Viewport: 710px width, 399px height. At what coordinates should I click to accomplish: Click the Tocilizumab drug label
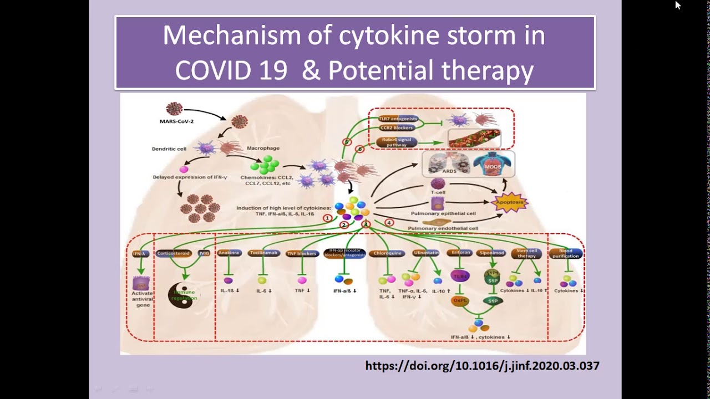coord(263,253)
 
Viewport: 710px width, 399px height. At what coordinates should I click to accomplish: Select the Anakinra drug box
coord(229,253)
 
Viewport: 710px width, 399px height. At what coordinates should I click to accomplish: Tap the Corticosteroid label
coord(174,253)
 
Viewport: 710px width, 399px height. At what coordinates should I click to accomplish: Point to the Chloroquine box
coord(387,253)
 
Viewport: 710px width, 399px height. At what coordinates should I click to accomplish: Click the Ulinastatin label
coord(426,253)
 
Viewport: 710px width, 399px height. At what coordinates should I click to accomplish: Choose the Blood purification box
coord(566,253)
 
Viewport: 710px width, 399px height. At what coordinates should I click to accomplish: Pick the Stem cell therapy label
coord(526,253)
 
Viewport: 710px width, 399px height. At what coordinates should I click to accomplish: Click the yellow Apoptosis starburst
coord(509,202)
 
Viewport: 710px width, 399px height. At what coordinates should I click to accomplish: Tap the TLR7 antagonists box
coord(398,119)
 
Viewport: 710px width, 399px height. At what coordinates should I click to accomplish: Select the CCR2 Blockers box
coord(397,127)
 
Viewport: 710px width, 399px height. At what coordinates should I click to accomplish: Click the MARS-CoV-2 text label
coord(176,121)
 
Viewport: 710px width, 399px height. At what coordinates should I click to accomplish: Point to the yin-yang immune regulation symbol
coord(184,295)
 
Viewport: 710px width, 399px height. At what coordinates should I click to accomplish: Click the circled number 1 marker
coord(328,218)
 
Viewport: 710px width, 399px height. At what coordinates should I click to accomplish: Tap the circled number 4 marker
coord(389,223)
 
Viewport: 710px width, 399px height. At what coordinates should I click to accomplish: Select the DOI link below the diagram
coord(482,366)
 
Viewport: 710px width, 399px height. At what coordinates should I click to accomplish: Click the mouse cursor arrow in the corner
coord(677,5)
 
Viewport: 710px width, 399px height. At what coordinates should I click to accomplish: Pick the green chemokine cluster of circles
coord(265,165)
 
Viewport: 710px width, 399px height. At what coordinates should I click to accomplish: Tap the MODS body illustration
coord(493,165)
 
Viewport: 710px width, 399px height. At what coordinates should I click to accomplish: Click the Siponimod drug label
coord(491,253)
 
